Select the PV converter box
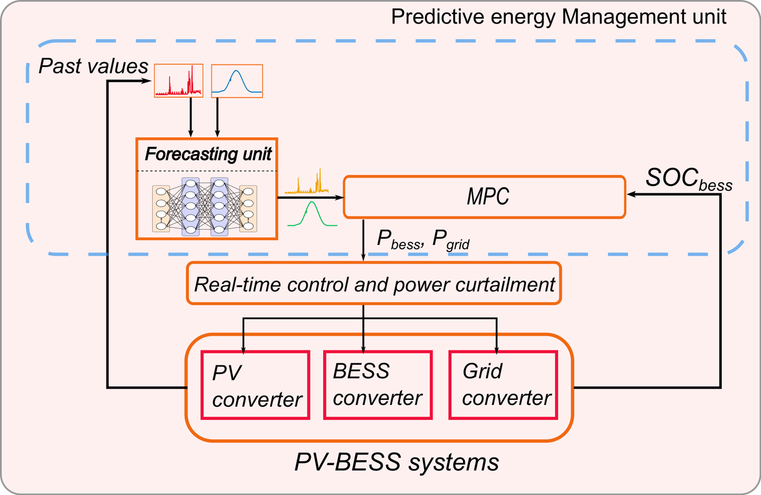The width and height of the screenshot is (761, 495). click(255, 385)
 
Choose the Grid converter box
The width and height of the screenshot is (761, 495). click(502, 385)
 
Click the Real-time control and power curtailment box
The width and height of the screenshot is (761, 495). click(374, 284)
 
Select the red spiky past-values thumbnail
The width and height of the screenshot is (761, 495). click(179, 81)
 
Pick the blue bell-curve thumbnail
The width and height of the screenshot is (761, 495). click(237, 81)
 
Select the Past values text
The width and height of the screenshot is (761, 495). click(94, 65)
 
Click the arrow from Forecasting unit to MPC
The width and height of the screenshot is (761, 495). click(309, 196)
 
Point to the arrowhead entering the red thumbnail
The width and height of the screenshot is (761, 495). click(150, 82)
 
